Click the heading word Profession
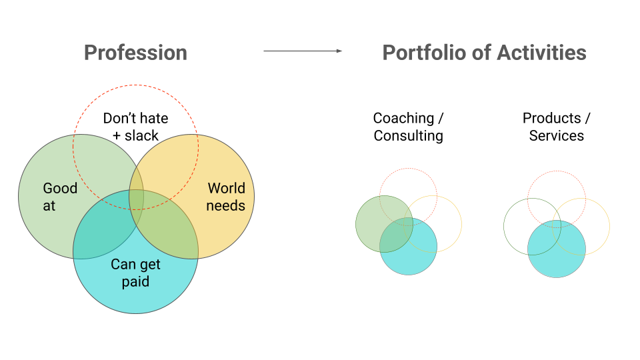[x=135, y=53]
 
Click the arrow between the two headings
[x=303, y=51]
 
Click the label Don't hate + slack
[x=135, y=127]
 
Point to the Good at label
[x=59, y=197]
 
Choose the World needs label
[x=225, y=197]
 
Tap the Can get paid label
[x=135, y=273]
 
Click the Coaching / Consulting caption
[x=408, y=127]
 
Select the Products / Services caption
[x=557, y=127]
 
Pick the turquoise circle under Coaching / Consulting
[x=417, y=257]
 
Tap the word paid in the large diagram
[x=135, y=281]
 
